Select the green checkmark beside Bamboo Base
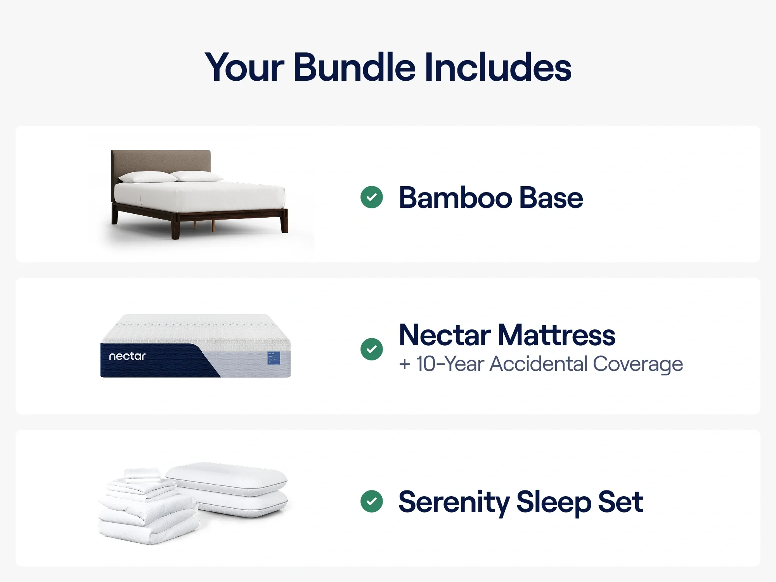372,197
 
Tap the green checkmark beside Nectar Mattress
372,349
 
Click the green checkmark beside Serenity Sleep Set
372,501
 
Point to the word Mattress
557,335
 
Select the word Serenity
454,502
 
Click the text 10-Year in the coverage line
450,364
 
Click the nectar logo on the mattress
127,356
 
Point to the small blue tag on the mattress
274,358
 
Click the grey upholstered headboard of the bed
161,161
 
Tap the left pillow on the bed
147,177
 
